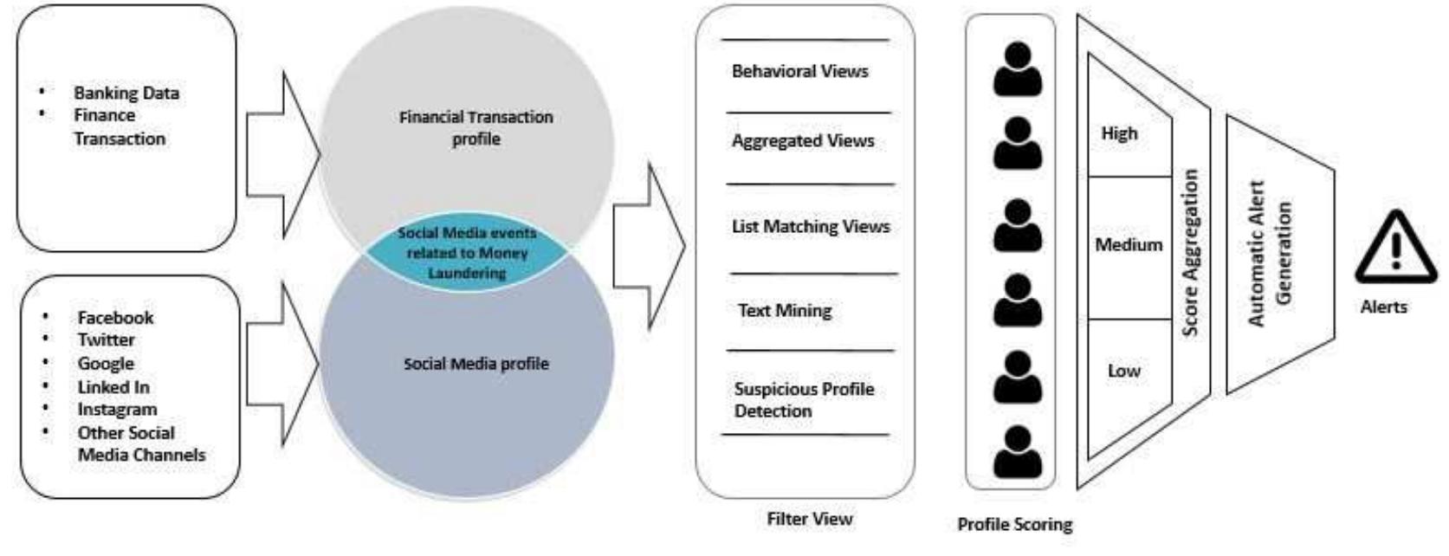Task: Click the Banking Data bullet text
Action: pyautogui.click(x=126, y=93)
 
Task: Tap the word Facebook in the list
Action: pyautogui.click(x=115, y=318)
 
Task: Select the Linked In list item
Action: pyautogui.click(x=113, y=386)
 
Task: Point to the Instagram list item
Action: pyautogui.click(x=117, y=409)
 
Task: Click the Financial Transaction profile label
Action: pyautogui.click(x=475, y=127)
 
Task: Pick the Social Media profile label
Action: pyautogui.click(x=475, y=364)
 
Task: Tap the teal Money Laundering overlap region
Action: pyautogui.click(x=467, y=253)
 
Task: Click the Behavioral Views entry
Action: pyautogui.click(x=799, y=71)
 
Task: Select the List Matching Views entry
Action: pyautogui.click(x=811, y=227)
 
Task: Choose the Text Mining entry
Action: pyautogui.click(x=785, y=310)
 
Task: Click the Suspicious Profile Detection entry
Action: pyautogui.click(x=804, y=399)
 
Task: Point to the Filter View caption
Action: pyautogui.click(x=810, y=519)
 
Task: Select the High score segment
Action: pyautogui.click(x=1119, y=133)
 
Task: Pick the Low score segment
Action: pyautogui.click(x=1123, y=371)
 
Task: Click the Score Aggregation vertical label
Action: pyautogui.click(x=1191, y=252)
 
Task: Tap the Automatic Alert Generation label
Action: pyautogui.click(x=1269, y=253)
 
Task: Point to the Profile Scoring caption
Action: pyautogui.click(x=1014, y=524)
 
